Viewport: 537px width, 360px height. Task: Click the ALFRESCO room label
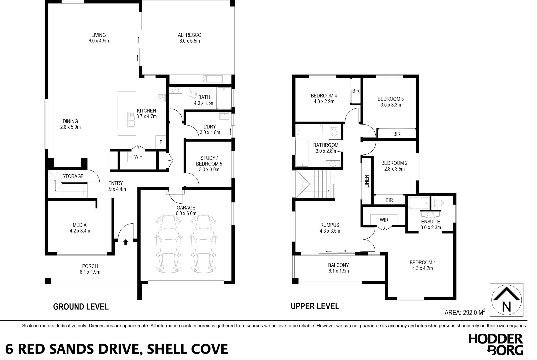189,35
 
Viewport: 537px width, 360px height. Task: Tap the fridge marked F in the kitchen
161,142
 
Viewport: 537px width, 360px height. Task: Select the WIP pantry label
138,157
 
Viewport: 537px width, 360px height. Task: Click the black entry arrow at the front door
125,242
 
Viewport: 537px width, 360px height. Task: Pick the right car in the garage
204,244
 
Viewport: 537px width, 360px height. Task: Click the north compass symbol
506,300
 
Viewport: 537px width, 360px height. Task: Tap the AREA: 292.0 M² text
465,312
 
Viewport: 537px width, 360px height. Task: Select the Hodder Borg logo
496,344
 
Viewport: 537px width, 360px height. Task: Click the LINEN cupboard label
367,181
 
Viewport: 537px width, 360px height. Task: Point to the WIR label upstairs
384,220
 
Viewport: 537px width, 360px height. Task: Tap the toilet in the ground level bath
193,93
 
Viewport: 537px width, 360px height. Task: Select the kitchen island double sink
131,119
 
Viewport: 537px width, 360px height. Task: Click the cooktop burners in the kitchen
162,98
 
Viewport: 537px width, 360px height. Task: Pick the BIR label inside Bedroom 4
356,91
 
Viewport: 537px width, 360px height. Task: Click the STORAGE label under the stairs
73,176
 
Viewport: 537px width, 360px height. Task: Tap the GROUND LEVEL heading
81,307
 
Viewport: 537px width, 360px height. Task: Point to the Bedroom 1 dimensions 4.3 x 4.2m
422,268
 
